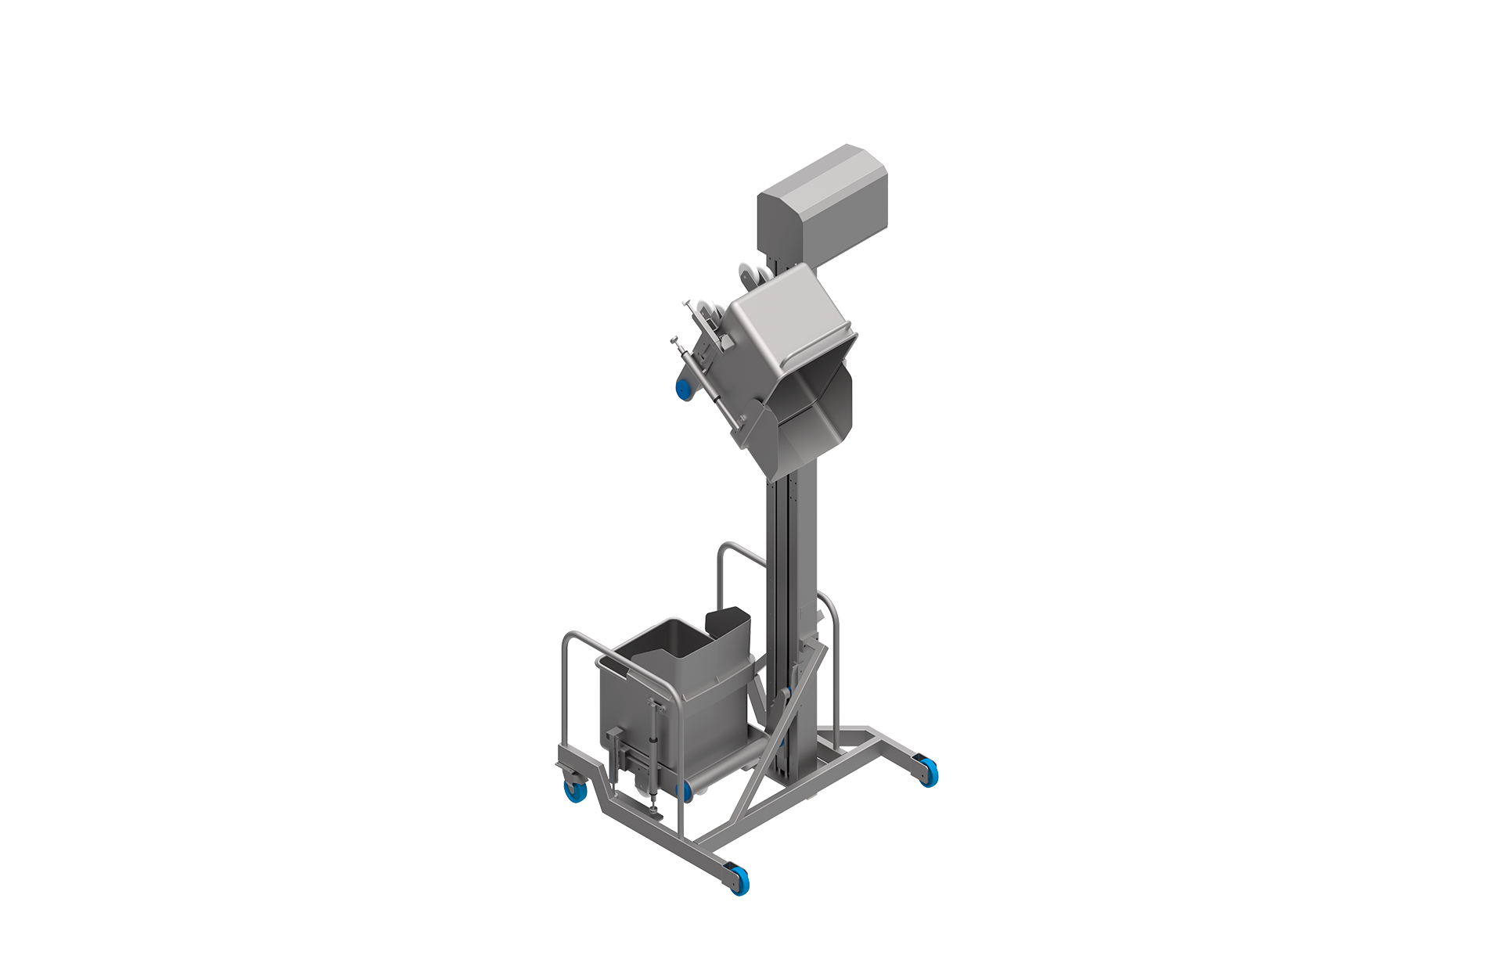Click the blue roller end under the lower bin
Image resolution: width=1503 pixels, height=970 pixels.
pyautogui.click(x=686, y=790)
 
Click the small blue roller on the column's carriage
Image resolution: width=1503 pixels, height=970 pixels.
pyautogui.click(x=789, y=689)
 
